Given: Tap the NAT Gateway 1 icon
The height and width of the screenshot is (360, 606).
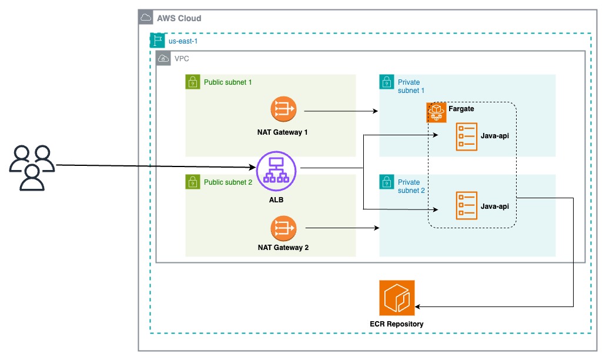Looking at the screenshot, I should coord(283,110).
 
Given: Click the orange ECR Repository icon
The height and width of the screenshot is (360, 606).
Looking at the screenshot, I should coord(397,298).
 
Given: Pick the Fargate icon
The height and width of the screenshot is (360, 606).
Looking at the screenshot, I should coord(436,112).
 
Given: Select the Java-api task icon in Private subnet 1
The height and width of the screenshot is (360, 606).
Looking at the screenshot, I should coord(467,136).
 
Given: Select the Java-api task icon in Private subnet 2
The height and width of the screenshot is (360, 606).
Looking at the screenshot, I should coord(467,206).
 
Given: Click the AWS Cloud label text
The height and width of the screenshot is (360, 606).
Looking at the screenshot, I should coord(179,18).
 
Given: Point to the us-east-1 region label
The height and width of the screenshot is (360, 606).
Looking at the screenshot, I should coord(182,41).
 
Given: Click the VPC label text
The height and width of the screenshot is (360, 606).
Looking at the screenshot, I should coord(182,59).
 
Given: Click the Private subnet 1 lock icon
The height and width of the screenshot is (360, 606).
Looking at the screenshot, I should coord(386,82).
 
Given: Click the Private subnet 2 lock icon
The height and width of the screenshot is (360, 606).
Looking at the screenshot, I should coord(386,182).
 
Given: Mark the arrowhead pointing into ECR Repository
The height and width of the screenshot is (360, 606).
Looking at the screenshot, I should coord(418,306).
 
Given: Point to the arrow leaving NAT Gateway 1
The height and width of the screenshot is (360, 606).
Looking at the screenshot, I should coord(341,111).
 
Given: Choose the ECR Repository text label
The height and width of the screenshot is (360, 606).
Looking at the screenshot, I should coord(396,324).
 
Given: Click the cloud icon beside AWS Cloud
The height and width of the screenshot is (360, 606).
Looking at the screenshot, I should coord(145,18).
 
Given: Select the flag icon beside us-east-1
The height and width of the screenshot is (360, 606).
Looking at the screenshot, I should coord(157,41).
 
